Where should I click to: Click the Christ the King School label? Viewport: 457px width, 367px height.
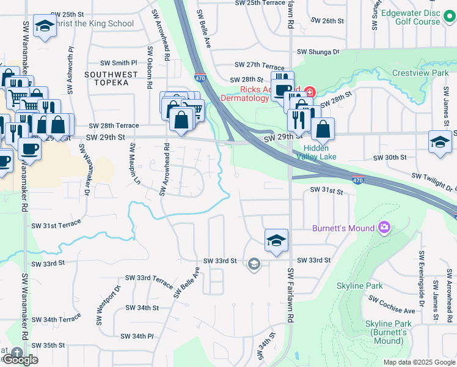click(x=93, y=24)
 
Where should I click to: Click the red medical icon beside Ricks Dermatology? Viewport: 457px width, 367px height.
click(x=310, y=92)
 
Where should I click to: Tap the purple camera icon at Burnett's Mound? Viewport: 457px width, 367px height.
click(x=384, y=228)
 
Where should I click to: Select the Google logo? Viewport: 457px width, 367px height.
click(x=20, y=360)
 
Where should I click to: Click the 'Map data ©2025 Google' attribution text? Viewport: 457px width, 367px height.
click(x=419, y=362)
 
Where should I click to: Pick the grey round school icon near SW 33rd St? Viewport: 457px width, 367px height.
click(x=254, y=264)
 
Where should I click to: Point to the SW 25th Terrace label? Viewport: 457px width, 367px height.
click(x=260, y=3)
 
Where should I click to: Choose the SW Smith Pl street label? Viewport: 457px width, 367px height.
click(x=119, y=62)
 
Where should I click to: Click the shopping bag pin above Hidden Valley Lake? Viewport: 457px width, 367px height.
click(x=322, y=129)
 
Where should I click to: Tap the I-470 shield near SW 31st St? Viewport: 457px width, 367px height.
click(x=358, y=179)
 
